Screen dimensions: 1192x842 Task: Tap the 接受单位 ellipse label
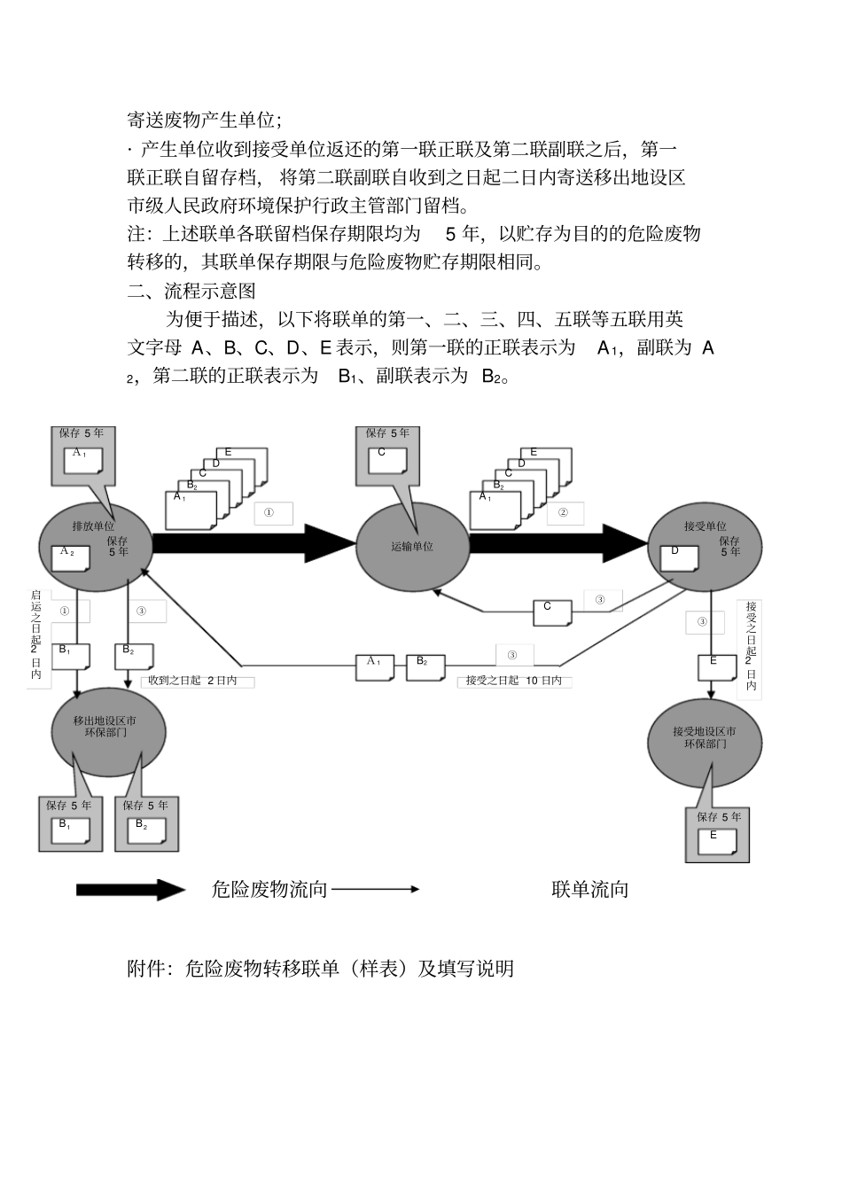(705, 526)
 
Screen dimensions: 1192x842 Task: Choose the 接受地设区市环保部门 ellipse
(704, 738)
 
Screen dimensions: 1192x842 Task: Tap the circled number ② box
(563, 512)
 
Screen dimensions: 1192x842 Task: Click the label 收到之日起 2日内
(192, 681)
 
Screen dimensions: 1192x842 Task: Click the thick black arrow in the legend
(129, 890)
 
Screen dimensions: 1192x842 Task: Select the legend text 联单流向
(589, 890)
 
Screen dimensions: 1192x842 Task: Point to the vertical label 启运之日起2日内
(35, 635)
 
